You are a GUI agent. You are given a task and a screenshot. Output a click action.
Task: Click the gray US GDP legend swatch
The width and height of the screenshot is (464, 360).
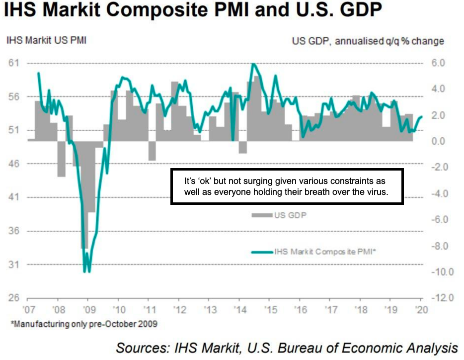click(262, 215)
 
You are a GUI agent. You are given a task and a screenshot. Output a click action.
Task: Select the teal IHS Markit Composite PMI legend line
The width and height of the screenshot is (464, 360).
click(262, 252)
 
